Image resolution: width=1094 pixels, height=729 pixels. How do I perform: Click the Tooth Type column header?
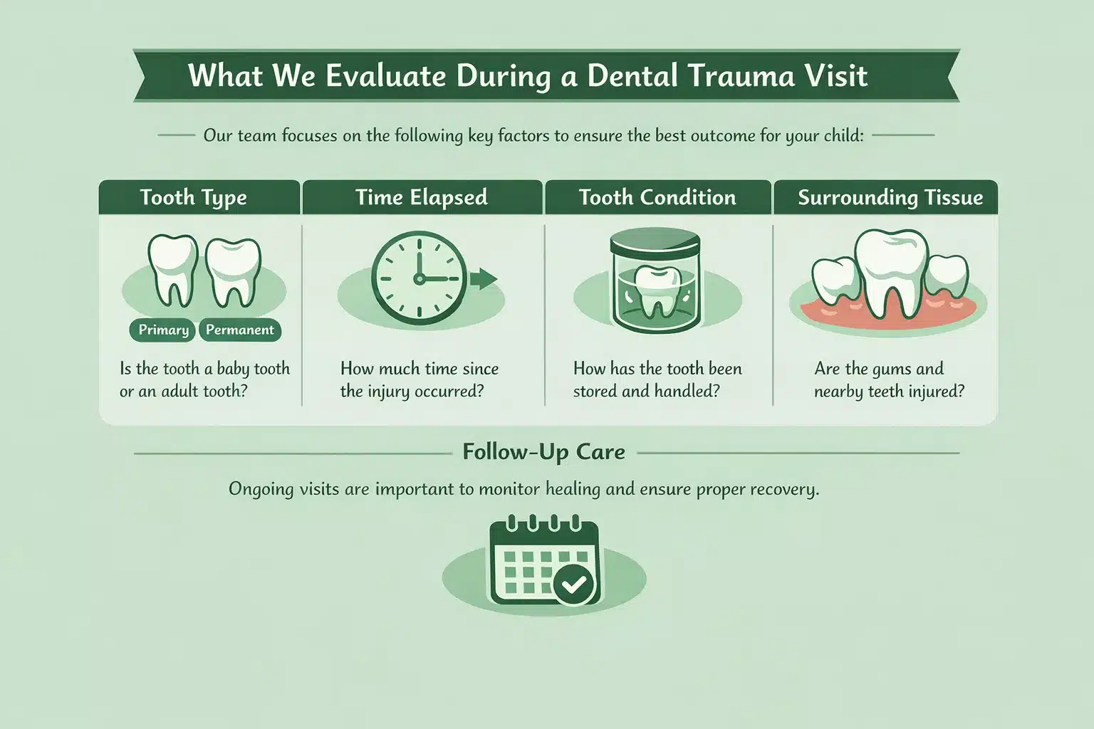coord(193,197)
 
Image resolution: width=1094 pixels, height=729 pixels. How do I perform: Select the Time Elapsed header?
coord(421,197)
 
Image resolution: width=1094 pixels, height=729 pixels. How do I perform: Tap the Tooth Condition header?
coord(657,197)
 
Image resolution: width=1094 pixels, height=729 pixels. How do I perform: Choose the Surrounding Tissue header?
coord(890,197)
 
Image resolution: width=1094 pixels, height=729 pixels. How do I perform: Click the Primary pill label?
coord(163,330)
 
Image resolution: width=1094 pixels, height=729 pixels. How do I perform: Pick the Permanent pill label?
coord(240,330)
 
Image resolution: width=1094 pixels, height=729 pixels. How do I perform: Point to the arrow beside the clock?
coord(484,278)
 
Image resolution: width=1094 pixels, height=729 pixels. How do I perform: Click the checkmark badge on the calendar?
coord(575,585)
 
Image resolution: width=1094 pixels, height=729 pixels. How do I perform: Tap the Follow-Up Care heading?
coord(543,452)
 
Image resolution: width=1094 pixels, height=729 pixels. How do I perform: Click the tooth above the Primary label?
coord(171,269)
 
